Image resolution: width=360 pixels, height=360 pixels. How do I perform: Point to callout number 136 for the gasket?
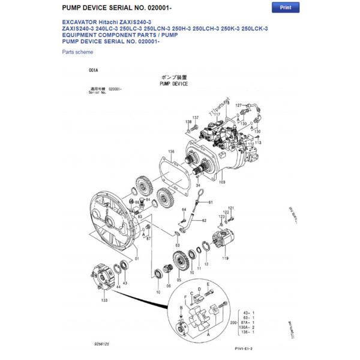pos(171,151)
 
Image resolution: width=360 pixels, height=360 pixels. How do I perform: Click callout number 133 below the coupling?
pos(104,300)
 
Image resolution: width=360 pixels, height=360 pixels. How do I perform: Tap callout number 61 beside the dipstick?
pos(211,203)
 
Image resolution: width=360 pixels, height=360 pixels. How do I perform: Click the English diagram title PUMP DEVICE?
pos(173,85)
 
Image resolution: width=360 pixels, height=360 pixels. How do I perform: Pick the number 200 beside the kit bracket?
pos(234,323)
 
